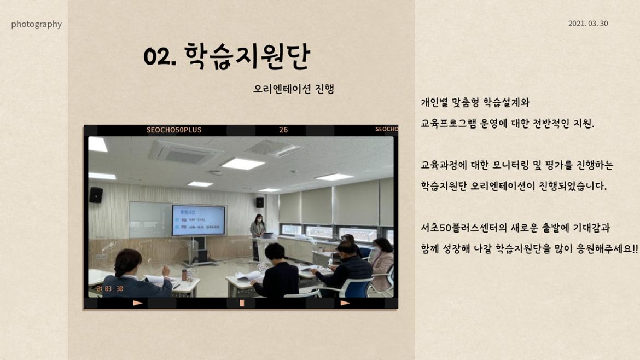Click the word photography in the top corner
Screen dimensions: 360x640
pyautogui.click(x=36, y=24)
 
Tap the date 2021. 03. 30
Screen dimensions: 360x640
pyautogui.click(x=588, y=24)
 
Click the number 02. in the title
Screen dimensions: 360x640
pyautogui.click(x=159, y=56)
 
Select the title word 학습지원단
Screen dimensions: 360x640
pyautogui.click(x=247, y=56)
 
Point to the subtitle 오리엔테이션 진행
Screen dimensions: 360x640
pyautogui.click(x=294, y=89)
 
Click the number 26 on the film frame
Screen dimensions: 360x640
pyautogui.click(x=283, y=130)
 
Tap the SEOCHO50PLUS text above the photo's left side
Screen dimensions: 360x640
pyautogui.click(x=174, y=130)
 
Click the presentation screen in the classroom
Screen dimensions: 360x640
pyautogui.click(x=198, y=220)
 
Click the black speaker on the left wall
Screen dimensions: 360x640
pyautogui.click(x=96, y=195)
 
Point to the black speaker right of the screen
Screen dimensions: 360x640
pyautogui.click(x=259, y=202)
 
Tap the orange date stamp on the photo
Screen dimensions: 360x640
pyautogui.click(x=110, y=288)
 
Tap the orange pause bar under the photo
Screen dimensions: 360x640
pyautogui.click(x=242, y=303)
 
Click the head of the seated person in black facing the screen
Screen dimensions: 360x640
pyautogui.click(x=275, y=252)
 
